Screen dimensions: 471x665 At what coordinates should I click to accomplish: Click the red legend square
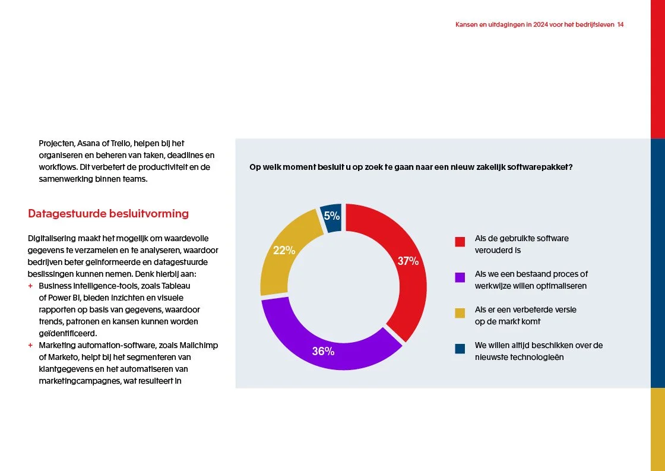tap(460, 242)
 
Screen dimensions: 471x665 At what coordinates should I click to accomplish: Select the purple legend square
tap(460, 277)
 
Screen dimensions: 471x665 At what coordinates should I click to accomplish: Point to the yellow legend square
tap(460, 313)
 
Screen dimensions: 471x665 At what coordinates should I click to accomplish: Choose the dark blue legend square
tap(460, 349)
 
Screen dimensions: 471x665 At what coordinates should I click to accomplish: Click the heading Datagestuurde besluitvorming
tap(108, 214)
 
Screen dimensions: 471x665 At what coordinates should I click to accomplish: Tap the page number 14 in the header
tap(620, 25)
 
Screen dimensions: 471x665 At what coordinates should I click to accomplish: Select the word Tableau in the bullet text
tap(178, 286)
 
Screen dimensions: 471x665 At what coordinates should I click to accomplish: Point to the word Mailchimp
tap(199, 345)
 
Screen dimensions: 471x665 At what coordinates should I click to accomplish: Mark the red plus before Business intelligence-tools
tap(30, 286)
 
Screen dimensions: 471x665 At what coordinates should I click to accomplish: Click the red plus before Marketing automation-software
tap(30, 345)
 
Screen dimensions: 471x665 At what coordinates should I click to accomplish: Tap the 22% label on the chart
tap(284, 251)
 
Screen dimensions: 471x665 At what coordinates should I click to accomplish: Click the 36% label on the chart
tap(323, 352)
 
